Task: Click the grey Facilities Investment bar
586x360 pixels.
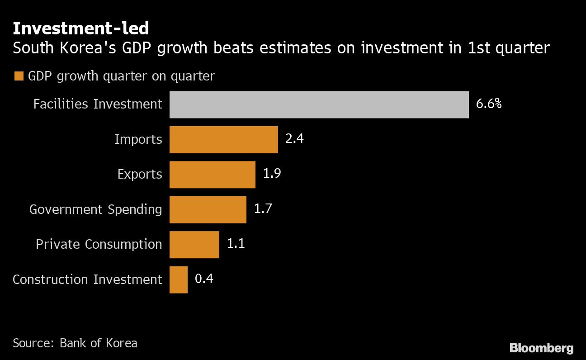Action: [x=319, y=104]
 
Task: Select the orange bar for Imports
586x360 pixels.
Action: [x=223, y=140]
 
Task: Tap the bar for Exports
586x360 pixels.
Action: [x=212, y=175]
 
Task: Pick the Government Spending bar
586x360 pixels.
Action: [x=208, y=209]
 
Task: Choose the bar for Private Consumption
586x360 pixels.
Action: [x=194, y=245]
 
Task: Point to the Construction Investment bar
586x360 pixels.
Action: [x=178, y=279]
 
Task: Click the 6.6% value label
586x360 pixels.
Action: [x=488, y=104]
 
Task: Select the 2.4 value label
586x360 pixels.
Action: [x=294, y=138]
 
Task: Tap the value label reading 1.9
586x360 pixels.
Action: [x=272, y=174]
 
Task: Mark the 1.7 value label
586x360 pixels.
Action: [x=263, y=208]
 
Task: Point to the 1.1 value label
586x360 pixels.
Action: [x=236, y=244]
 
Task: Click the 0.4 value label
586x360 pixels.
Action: [x=204, y=279]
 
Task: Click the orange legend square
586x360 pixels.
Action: [x=19, y=76]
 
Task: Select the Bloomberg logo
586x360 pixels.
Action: [x=541, y=348]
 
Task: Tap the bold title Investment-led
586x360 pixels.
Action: [x=80, y=28]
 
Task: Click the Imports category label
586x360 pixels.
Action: [x=138, y=139]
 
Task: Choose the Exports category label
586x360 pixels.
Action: [x=139, y=175]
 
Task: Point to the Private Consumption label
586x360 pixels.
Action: [x=99, y=244]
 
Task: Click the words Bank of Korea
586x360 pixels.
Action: [x=98, y=343]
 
